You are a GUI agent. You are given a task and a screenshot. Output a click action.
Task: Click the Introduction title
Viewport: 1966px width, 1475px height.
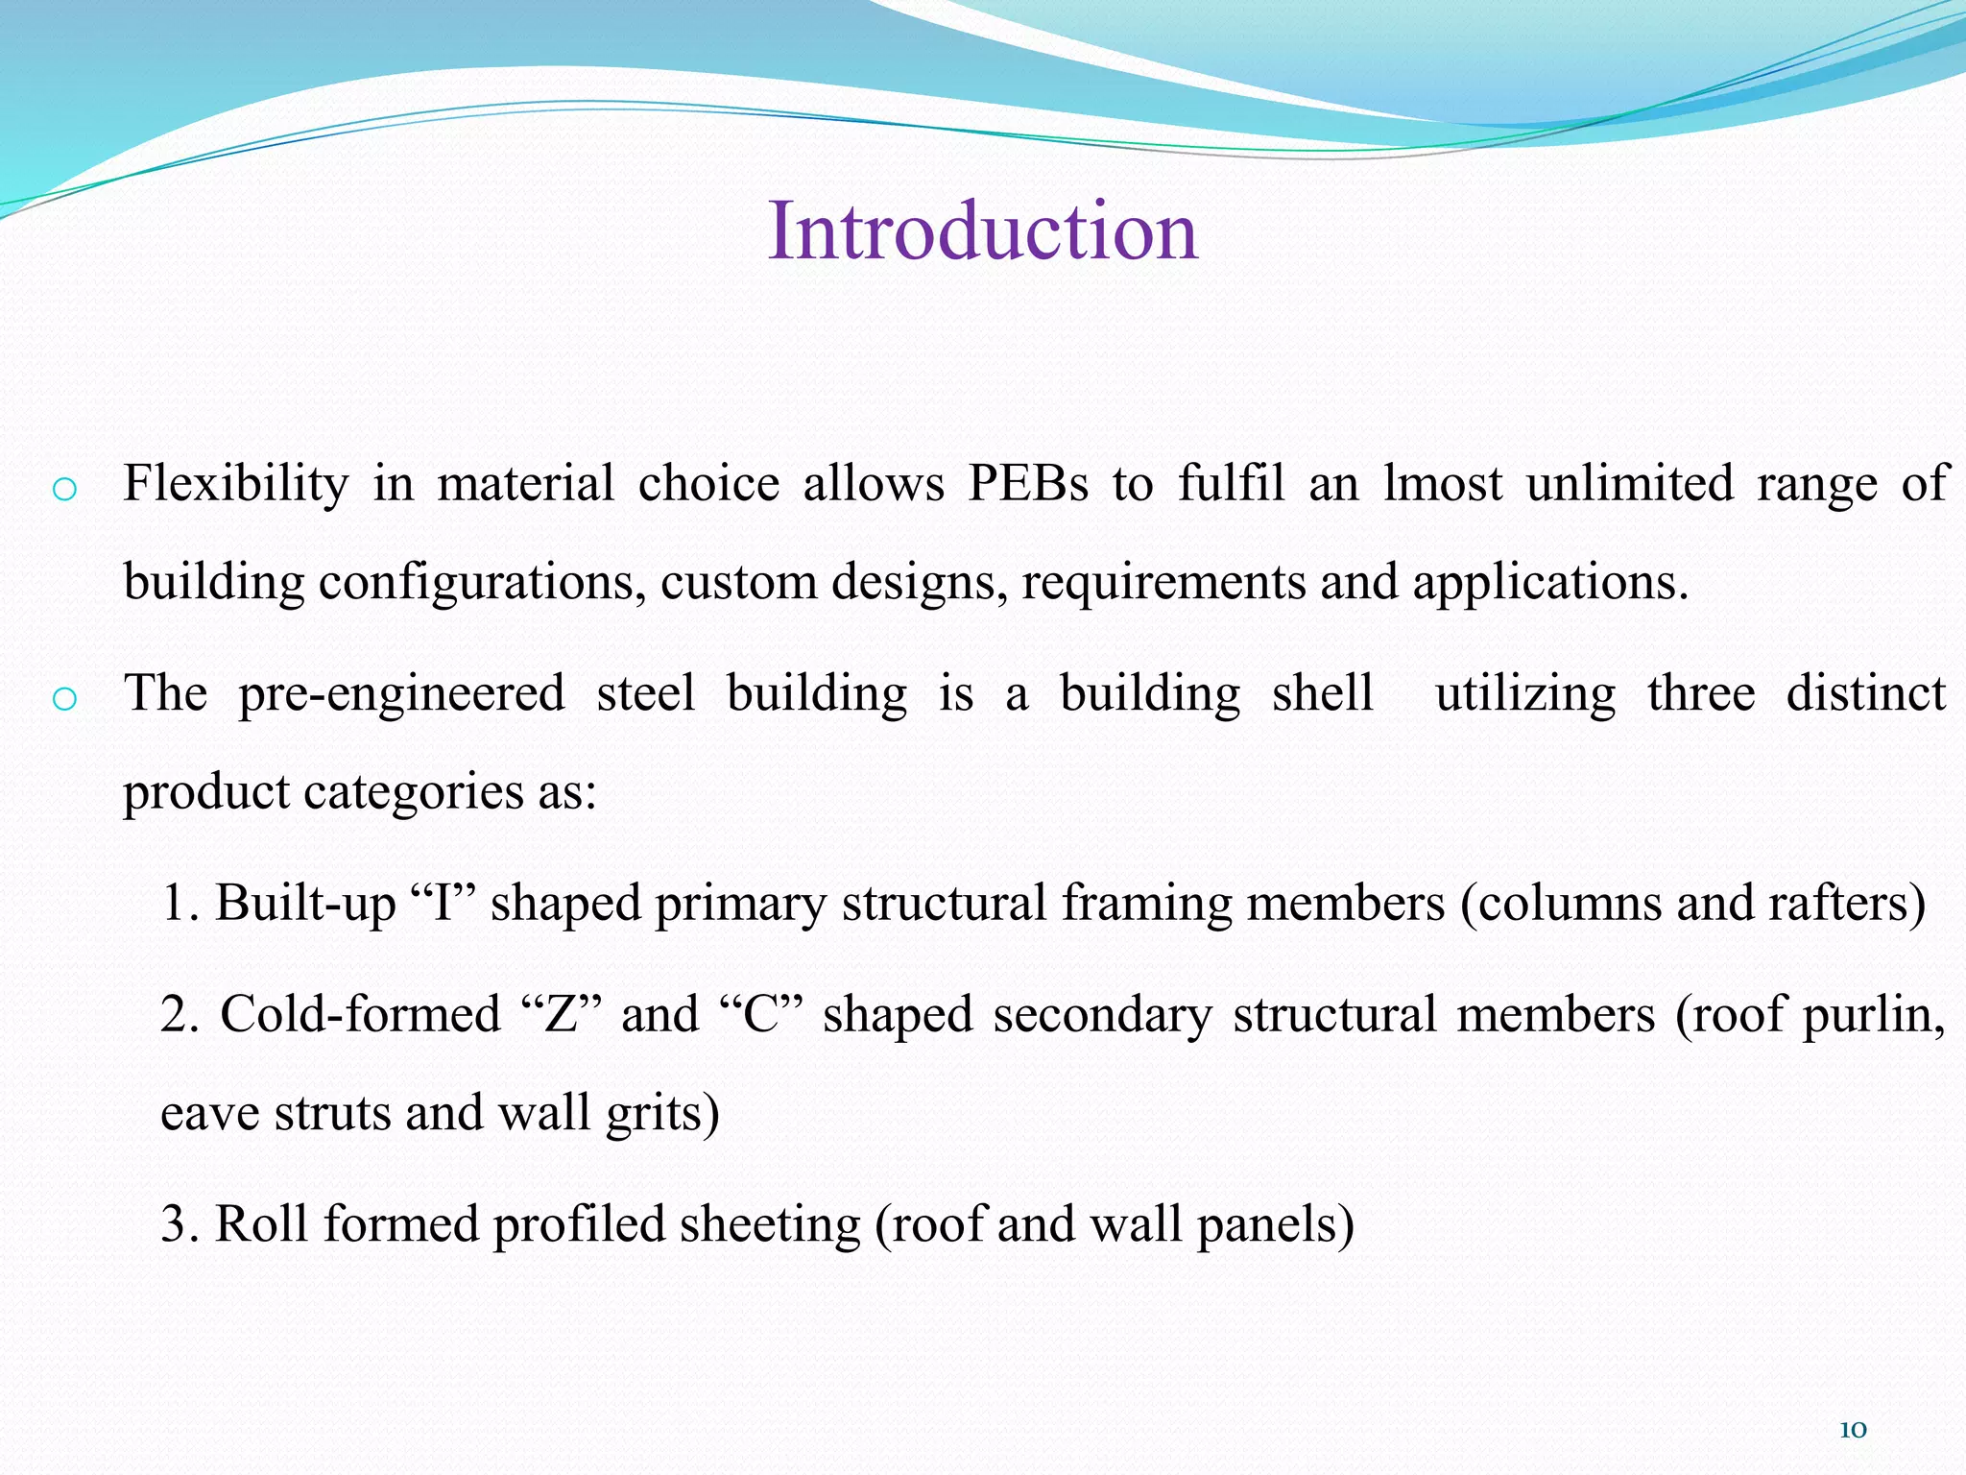[983, 231]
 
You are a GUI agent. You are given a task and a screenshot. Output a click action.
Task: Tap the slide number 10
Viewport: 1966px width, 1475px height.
[1853, 1430]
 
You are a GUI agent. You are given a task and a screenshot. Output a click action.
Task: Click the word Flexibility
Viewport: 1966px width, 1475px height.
[235, 483]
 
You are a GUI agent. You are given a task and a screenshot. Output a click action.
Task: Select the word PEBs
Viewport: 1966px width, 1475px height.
[1028, 483]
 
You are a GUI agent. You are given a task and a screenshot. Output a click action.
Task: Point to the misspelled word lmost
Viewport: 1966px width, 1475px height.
[1443, 483]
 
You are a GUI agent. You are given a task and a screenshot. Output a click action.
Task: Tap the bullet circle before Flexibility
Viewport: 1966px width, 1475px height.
[64, 490]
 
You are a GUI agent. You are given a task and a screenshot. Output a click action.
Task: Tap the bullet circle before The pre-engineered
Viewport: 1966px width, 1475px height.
[64, 699]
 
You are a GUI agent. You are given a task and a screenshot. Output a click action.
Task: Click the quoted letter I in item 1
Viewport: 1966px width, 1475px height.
[443, 903]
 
